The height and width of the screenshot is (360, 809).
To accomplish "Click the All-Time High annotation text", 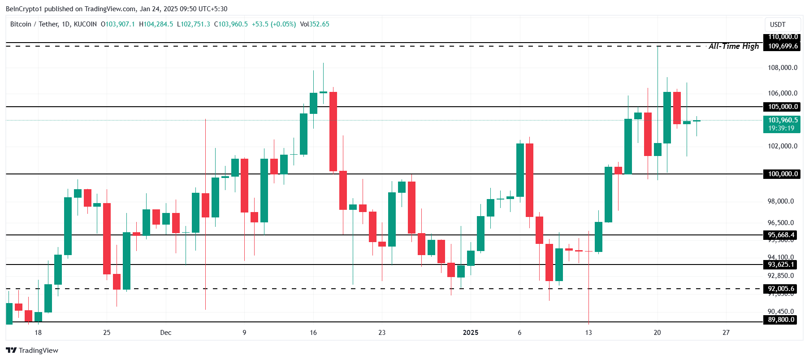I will pos(733,46).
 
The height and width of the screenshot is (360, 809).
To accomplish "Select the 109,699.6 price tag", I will pos(783,46).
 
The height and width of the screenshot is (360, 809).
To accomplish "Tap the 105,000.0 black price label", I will pos(783,107).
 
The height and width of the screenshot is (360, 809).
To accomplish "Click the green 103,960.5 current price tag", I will pos(783,120).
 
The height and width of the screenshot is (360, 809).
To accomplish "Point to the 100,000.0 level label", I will pos(783,174).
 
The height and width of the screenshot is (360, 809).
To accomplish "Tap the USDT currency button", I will pos(778,25).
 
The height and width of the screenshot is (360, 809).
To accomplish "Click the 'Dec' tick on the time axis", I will pos(166,333).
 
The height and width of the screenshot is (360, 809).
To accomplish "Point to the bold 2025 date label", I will pos(471,333).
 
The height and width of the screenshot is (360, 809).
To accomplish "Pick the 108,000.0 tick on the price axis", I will pos(783,68).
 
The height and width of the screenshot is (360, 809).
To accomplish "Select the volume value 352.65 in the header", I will pos(319,24).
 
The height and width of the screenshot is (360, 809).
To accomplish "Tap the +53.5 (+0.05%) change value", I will pos(273,24).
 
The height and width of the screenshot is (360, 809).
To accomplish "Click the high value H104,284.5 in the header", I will pos(156,24).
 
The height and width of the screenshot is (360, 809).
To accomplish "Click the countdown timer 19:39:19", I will pos(781,128).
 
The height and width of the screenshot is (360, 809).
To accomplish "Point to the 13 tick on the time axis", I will pos(588,333).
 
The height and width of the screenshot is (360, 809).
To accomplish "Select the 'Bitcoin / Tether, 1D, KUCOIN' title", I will pos(53,24).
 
